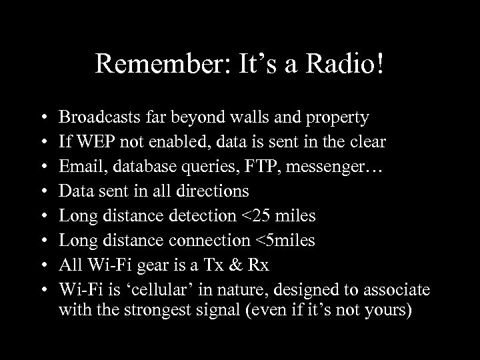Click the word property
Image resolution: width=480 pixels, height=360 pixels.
point(335,119)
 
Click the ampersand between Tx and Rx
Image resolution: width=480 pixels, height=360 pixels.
point(237,265)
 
